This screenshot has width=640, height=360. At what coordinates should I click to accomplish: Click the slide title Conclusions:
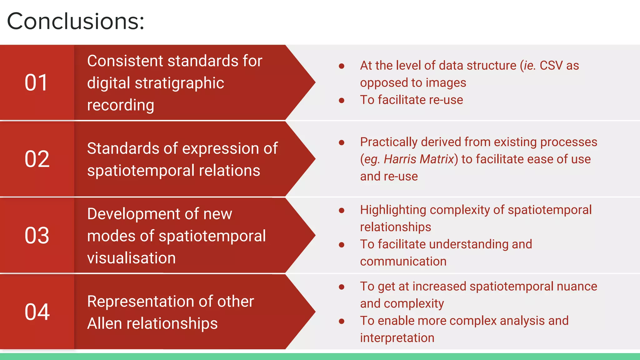76,21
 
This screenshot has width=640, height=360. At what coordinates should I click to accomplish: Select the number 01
36,83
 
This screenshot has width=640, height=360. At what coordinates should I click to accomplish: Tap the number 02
37,159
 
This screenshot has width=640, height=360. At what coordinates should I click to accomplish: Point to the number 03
37,235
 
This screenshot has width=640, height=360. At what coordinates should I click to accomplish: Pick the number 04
37,312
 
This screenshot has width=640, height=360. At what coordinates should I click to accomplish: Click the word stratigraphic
179,83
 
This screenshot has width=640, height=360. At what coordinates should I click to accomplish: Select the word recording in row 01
121,105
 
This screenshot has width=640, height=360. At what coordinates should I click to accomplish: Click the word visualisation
131,258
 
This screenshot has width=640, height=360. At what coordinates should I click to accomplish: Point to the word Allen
105,323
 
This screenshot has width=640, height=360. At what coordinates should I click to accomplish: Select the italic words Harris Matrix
419,159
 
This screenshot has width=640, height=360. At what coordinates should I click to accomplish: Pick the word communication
403,262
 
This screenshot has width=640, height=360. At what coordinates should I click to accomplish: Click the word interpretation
397,338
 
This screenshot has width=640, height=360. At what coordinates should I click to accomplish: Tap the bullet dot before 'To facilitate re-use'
342,100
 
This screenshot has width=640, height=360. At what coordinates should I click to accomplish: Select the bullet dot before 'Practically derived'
342,142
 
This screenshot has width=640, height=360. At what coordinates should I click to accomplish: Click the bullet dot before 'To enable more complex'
342,321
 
